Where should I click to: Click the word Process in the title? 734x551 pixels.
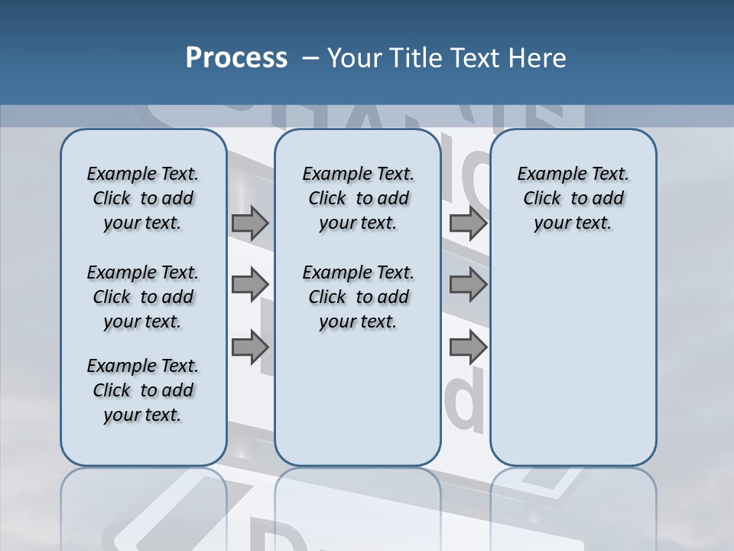tap(236, 57)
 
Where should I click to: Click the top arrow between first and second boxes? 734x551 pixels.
tap(250, 223)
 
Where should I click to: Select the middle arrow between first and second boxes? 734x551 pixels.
tap(250, 285)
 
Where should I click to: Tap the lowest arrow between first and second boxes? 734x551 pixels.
tap(250, 347)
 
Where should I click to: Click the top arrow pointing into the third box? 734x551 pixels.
tap(468, 223)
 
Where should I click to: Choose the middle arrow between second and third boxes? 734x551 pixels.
tap(468, 285)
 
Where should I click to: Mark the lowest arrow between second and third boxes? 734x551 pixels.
tap(468, 347)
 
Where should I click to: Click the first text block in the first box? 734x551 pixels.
tap(143, 198)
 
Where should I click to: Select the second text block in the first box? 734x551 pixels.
tap(143, 297)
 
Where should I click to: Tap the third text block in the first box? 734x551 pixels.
tap(143, 390)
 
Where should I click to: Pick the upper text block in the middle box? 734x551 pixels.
tap(358, 198)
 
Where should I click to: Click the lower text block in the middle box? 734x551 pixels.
tap(358, 297)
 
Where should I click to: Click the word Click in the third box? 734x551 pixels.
tap(542, 198)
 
